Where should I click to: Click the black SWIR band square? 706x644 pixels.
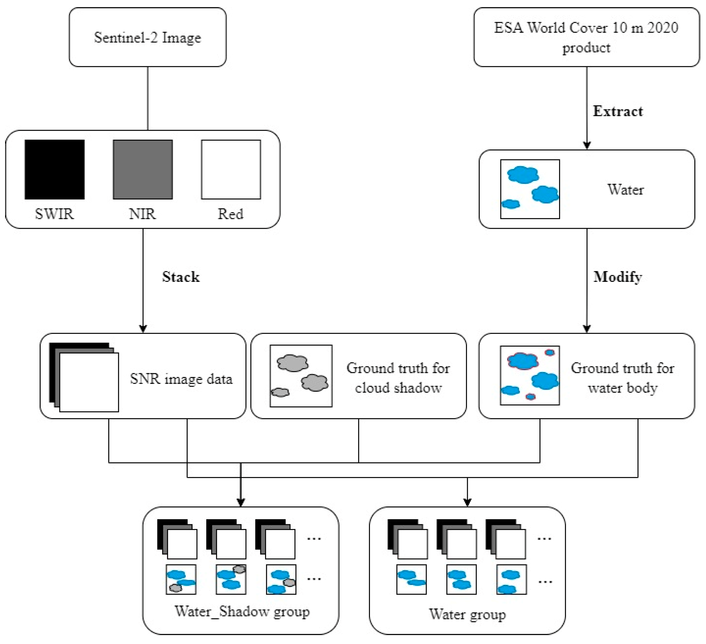55,170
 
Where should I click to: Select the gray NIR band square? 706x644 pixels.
143,170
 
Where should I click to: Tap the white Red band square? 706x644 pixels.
231,170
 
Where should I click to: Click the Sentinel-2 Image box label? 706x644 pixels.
147,38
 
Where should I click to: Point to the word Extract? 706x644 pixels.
618,111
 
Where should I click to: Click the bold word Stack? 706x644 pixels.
181,277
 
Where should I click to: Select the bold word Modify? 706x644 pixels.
618,277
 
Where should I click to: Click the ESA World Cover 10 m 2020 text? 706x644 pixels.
586,28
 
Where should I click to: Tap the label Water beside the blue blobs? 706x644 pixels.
625,190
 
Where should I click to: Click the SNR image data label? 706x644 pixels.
181,379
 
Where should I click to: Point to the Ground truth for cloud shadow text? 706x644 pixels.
398,378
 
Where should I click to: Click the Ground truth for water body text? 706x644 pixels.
623,378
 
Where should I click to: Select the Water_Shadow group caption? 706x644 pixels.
242,611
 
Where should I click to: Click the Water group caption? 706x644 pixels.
467,614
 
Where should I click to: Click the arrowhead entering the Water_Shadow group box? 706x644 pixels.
241,502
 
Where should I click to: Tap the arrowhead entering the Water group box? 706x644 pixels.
467,502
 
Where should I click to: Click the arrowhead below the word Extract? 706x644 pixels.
587,145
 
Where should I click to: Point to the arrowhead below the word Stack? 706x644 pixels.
143,328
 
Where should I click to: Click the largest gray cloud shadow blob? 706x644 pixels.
293,363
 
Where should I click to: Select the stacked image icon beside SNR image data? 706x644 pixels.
84,377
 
